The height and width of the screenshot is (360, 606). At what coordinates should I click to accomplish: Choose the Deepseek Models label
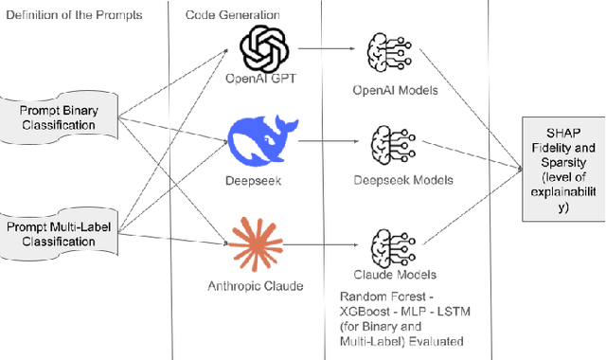[397, 180]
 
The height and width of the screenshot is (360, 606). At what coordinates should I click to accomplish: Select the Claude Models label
[395, 275]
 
